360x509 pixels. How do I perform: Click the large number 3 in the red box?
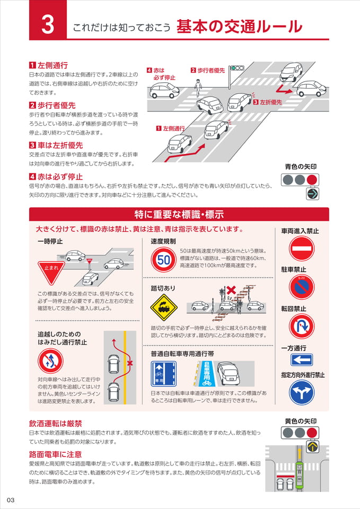[x=47, y=25]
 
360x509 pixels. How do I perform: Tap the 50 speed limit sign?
[x=164, y=260]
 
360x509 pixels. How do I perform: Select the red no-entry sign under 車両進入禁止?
[x=302, y=249]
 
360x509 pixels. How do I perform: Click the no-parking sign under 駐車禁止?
[x=302, y=287]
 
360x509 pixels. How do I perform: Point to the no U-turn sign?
[x=302, y=327]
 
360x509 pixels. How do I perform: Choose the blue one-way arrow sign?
[x=302, y=359]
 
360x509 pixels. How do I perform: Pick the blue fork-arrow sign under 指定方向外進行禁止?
[x=302, y=392]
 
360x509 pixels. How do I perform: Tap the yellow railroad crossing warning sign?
[x=164, y=308]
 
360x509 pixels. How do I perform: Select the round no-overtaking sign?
[x=50, y=361]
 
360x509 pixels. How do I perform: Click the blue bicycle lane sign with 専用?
[x=164, y=374]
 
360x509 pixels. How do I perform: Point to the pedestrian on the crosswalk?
[x=198, y=89]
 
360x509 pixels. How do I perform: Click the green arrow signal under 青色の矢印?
[x=313, y=194]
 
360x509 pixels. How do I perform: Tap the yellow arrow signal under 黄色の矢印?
[x=313, y=446]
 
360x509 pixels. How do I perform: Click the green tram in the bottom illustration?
[x=300, y=474]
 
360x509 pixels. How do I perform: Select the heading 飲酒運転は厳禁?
[x=56, y=423]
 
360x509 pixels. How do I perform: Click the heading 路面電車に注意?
[x=56, y=454]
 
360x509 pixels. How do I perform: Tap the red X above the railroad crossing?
[x=231, y=290]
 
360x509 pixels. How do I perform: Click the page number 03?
[x=11, y=500]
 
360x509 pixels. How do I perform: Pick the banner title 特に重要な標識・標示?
[x=179, y=215]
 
